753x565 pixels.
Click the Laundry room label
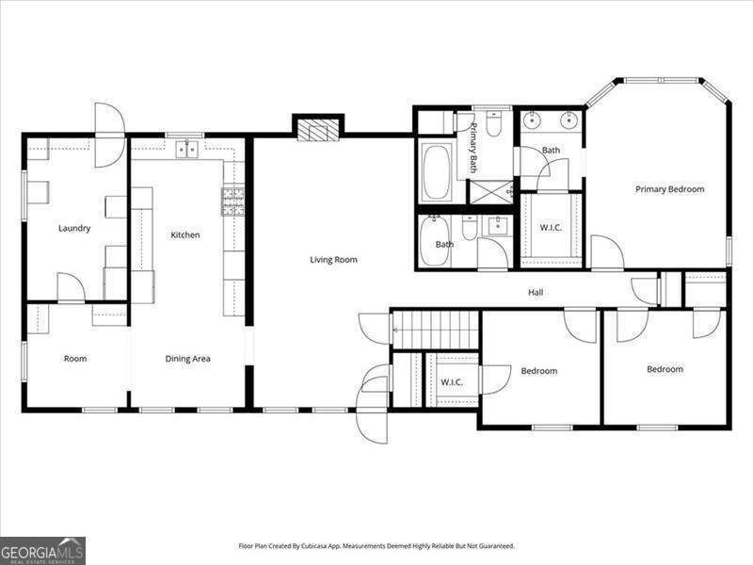point(74,228)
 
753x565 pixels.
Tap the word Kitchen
point(184,234)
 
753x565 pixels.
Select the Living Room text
point(334,259)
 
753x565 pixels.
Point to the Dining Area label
point(187,359)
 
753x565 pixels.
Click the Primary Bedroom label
point(669,189)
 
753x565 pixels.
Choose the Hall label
point(536,293)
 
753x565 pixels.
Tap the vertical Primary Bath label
point(474,149)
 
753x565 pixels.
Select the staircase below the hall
point(436,331)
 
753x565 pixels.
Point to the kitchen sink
point(186,149)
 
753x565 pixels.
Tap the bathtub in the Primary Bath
point(435,172)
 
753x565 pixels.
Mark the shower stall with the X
point(490,189)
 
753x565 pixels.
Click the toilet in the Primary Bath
point(494,126)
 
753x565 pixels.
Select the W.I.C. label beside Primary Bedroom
point(551,228)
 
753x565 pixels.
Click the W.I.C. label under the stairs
point(452,381)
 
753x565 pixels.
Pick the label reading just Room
point(75,359)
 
